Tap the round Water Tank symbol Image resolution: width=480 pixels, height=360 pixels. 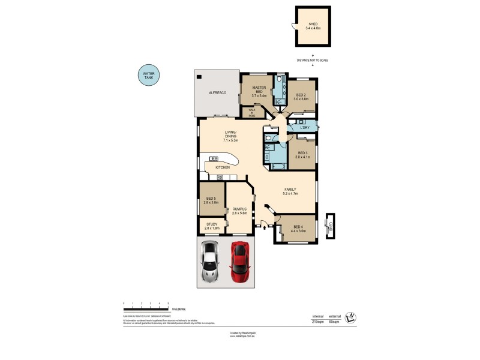147,76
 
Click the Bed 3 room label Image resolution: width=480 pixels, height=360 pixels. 302,154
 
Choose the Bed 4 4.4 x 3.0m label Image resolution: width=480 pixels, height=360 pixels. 298,228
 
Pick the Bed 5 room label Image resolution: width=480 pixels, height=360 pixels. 211,200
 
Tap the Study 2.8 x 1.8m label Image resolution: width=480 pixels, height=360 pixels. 212,226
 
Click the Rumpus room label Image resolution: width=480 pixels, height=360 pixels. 239,210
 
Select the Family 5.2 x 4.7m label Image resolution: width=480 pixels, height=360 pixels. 291,191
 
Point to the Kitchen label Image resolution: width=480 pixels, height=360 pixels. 223,167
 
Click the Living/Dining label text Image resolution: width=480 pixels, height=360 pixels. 230,135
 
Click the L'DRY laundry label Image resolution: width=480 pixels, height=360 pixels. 304,127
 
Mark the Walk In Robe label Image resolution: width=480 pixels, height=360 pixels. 252,112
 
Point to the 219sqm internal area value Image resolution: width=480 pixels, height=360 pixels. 318,322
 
